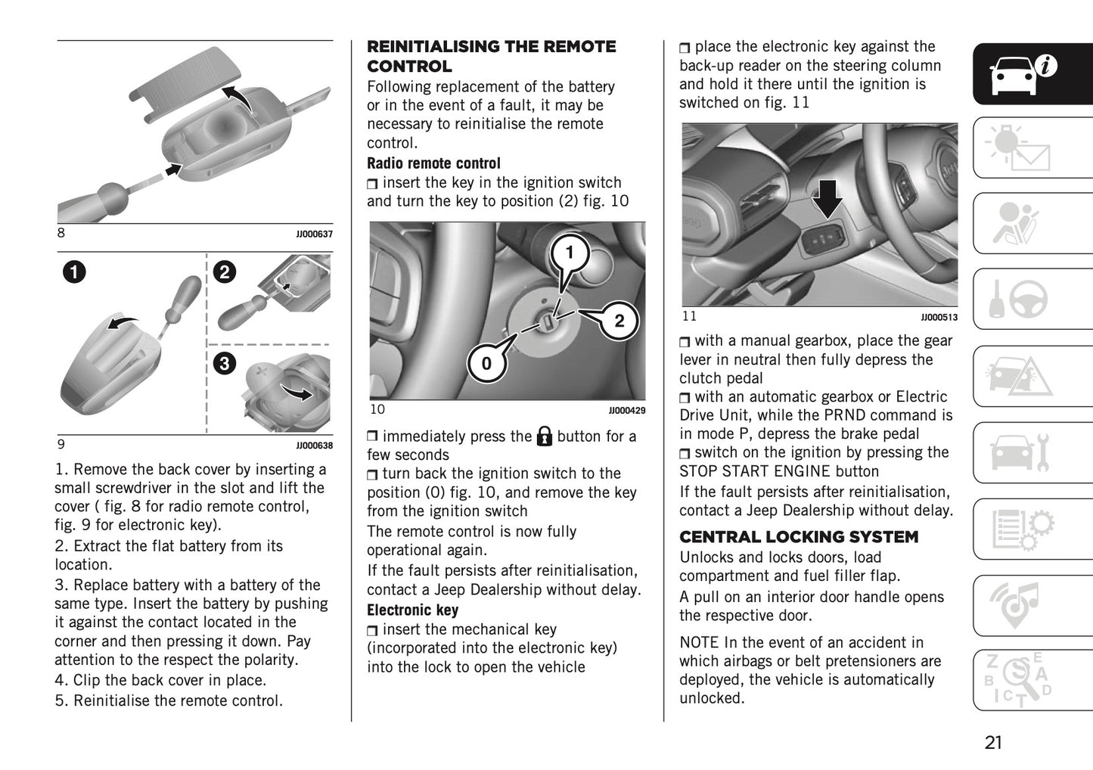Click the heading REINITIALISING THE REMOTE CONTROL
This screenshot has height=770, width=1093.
click(491, 57)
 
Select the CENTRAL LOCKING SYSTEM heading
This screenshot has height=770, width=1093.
click(798, 537)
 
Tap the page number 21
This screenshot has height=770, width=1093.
click(993, 742)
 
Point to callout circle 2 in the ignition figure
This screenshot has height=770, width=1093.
click(619, 321)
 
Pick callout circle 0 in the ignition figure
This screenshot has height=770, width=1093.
click(486, 364)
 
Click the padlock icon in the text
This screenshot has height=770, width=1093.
click(545, 436)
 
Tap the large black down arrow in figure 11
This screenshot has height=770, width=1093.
click(830, 199)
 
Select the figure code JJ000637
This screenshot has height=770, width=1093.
click(314, 234)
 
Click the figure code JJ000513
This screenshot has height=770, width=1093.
click(939, 318)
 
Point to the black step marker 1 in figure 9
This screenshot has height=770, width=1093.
click(74, 272)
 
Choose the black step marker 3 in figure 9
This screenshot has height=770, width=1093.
click(224, 364)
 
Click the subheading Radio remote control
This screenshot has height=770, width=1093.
click(433, 163)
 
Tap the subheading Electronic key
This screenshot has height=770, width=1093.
click(412, 610)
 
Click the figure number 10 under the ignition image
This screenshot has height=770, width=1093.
click(377, 410)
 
